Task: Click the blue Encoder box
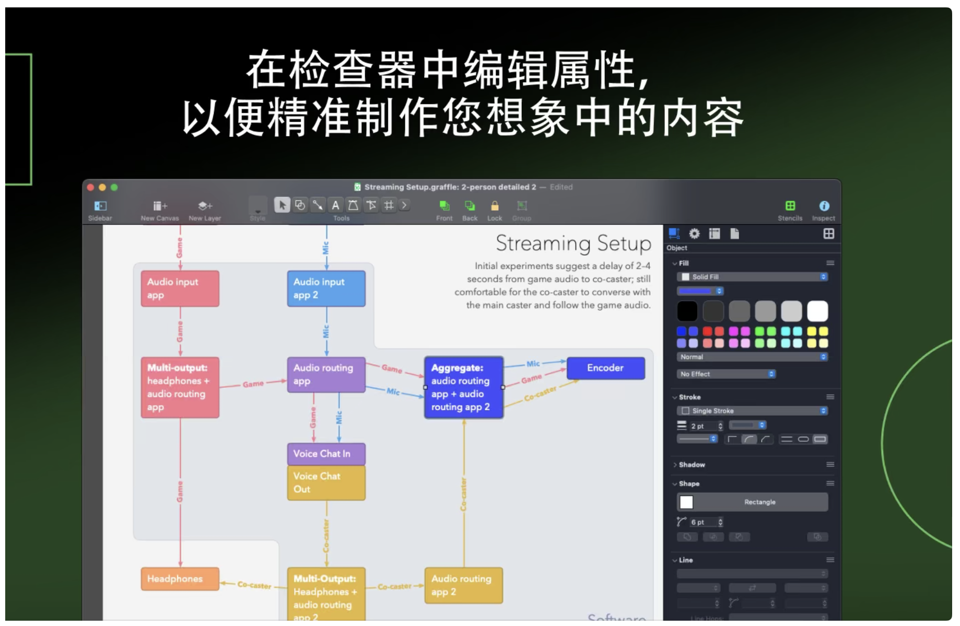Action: pyautogui.click(x=605, y=368)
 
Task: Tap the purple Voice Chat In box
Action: pyautogui.click(x=326, y=454)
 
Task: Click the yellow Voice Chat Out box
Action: pyautogui.click(x=326, y=482)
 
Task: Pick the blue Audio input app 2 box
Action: pyautogui.click(x=326, y=288)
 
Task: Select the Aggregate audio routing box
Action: pyautogui.click(x=463, y=387)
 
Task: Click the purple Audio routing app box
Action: pyautogui.click(x=326, y=374)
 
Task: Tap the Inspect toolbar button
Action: pyautogui.click(x=823, y=210)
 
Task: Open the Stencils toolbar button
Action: pyautogui.click(x=790, y=210)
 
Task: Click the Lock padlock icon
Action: pyautogui.click(x=495, y=206)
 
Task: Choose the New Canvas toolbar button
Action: pyautogui.click(x=160, y=210)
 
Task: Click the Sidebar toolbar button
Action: pyautogui.click(x=100, y=210)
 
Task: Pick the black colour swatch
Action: pyautogui.click(x=687, y=311)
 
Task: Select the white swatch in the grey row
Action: pyautogui.click(x=817, y=311)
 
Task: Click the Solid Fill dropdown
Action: pyautogui.click(x=752, y=277)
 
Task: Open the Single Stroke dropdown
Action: pyautogui.click(x=752, y=411)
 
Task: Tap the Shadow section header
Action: pyautogui.click(x=692, y=465)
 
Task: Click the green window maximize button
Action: pyautogui.click(x=114, y=187)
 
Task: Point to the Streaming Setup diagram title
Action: pyautogui.click(x=573, y=244)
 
